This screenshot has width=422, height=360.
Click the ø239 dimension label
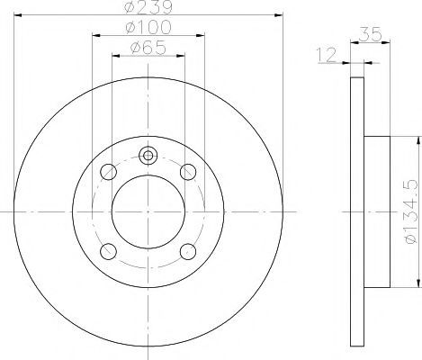148,6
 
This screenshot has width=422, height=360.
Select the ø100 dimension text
148,27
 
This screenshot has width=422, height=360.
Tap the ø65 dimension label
148,48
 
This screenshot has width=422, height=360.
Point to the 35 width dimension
370,34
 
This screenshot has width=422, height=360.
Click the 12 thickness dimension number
327,55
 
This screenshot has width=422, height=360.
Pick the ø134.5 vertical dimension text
410,211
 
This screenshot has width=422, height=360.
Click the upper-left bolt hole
108,172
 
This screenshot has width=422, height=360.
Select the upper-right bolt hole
188,172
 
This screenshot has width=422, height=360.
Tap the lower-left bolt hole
108,251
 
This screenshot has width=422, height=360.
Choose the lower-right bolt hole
188,251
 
